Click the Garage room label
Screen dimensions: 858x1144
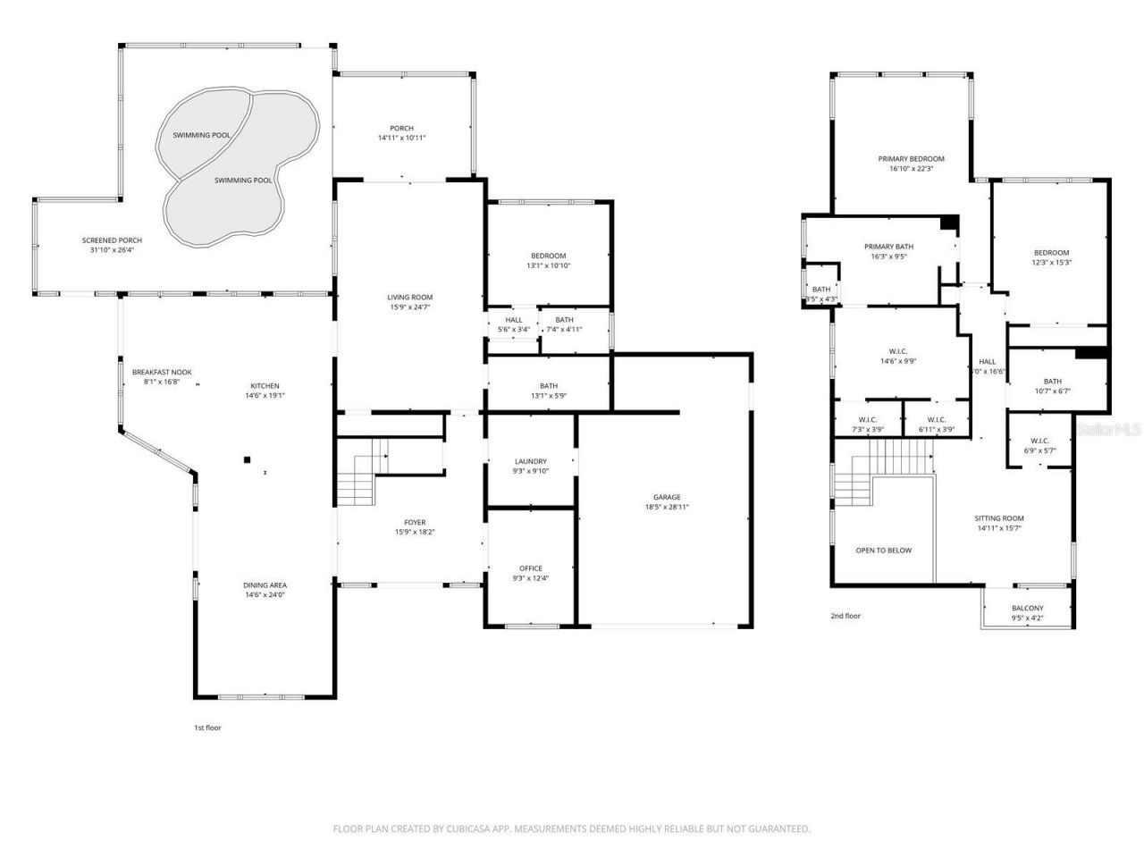[x=667, y=497]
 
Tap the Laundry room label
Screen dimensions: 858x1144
[x=531, y=461]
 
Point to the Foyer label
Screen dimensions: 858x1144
[x=415, y=522]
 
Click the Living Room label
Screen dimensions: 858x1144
[x=409, y=298]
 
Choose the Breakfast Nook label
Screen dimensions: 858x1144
[x=162, y=372]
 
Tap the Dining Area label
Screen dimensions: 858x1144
[x=265, y=585]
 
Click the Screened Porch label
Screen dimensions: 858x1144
[x=112, y=240]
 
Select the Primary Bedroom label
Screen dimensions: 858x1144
[x=911, y=158]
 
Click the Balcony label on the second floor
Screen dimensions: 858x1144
[x=1027, y=609]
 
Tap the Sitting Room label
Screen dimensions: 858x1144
[x=999, y=518]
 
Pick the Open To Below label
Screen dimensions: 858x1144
[x=883, y=551]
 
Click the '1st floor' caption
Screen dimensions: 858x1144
[x=207, y=728]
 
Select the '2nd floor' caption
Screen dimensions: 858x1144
[x=845, y=616]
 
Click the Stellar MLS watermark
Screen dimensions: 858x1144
[x=1108, y=430]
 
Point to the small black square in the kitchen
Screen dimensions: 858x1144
[x=247, y=460]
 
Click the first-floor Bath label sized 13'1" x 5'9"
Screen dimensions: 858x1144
[x=549, y=386]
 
